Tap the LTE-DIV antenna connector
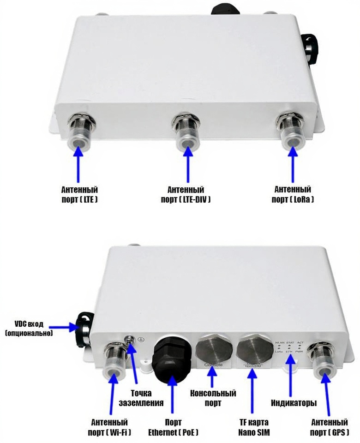pos(187,134)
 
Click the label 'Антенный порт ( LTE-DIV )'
pos(186,194)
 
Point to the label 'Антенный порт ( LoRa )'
pos(293,194)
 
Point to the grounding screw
pos(131,341)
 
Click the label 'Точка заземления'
pos(147,398)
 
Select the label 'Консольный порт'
pos(213,398)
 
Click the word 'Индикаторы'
pos(294,403)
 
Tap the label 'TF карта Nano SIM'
pos(253,427)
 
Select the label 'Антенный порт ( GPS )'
pos(330,427)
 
